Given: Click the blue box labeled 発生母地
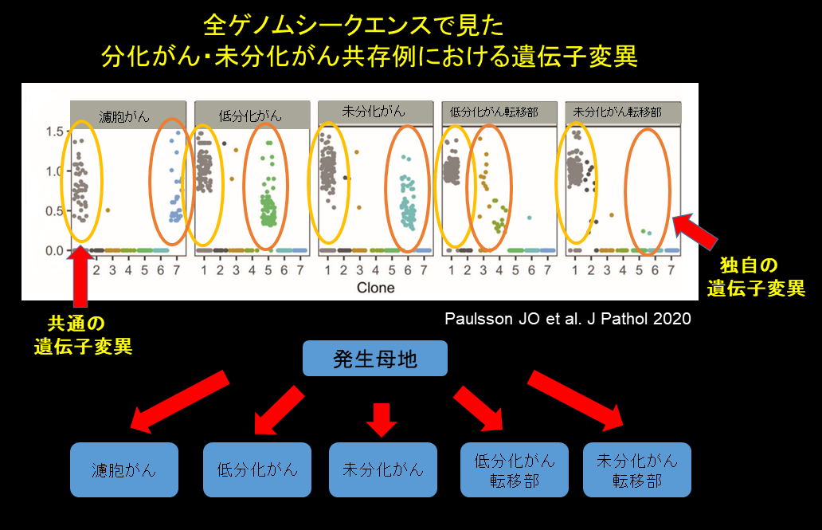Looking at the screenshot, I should coord(374,359).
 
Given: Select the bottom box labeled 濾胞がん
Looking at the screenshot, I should coord(123,469).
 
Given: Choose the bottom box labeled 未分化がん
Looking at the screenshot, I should coord(383,469).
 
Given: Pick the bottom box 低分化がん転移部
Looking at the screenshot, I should coord(514,469).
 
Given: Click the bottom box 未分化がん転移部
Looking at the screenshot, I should coord(637,469).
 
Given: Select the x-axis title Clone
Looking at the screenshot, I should coord(375,287).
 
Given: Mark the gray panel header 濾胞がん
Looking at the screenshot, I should coord(127,114).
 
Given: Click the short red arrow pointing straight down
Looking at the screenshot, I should coord(382,418).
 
